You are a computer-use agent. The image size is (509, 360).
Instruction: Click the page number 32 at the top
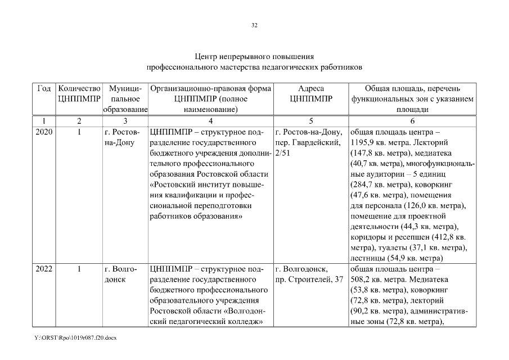coord(254,25)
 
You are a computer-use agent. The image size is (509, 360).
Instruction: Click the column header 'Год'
coord(44,89)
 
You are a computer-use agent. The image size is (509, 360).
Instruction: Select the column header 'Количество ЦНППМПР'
coord(79,94)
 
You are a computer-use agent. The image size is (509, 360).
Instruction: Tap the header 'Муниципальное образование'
coord(125,99)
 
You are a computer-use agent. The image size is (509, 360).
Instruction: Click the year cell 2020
coord(44,132)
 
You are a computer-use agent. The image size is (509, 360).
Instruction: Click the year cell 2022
coord(44,269)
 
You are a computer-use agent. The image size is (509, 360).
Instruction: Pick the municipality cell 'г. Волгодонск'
coord(120,274)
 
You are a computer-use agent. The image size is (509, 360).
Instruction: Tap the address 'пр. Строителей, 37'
coord(309,280)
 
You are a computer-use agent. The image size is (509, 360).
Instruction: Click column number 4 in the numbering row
coord(210,121)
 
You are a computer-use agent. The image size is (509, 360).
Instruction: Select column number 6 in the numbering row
coord(412,121)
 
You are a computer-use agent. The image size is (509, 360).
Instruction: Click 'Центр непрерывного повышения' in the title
coord(254,57)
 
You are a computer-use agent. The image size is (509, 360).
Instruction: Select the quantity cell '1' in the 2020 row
coord(79,132)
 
